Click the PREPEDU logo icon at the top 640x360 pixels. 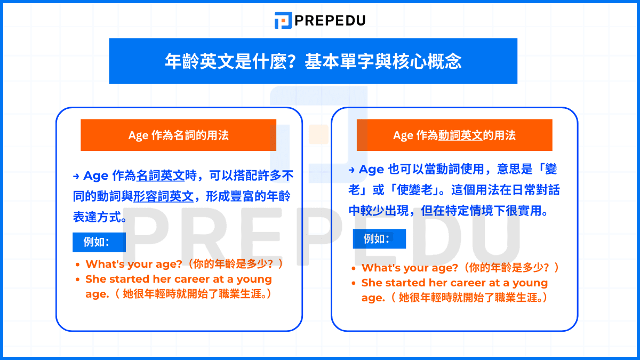tap(283, 20)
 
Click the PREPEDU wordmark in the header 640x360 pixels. tap(330, 21)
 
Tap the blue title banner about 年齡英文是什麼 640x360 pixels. tap(313, 61)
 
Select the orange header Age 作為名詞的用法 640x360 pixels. tap(178, 135)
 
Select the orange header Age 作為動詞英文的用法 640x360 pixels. tap(454, 135)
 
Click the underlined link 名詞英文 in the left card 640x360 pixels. tap(161, 176)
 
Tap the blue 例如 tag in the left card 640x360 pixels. tap(99, 242)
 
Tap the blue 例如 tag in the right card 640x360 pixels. tap(379, 239)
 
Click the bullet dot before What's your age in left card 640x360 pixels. tap(78, 265)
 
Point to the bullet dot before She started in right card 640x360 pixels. tap(354, 283)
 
